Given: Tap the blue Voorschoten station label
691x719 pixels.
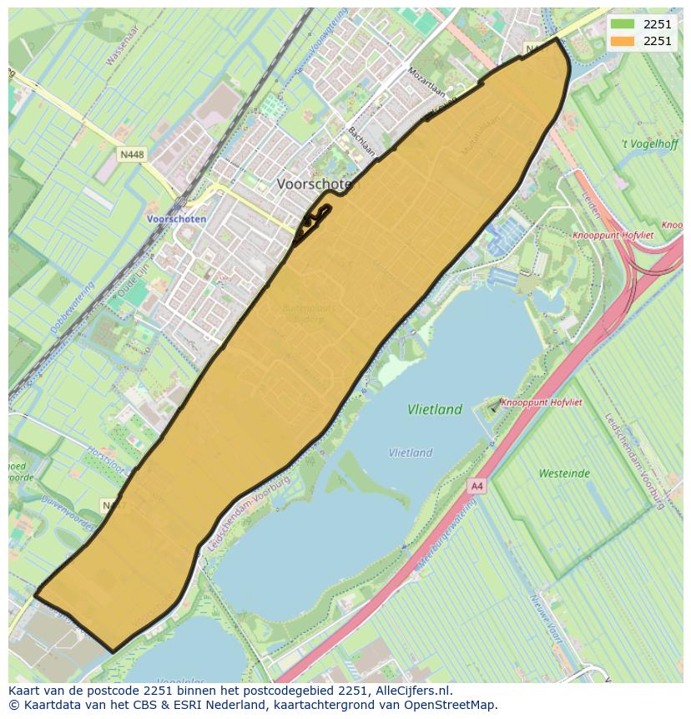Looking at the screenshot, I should pos(176,219).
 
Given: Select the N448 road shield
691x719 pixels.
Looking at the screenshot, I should pos(131,154).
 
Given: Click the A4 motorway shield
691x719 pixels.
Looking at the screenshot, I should pos(477,485).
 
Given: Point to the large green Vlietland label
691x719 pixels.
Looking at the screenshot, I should pos(435,410).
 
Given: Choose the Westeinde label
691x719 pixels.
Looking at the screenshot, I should pos(564,473).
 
